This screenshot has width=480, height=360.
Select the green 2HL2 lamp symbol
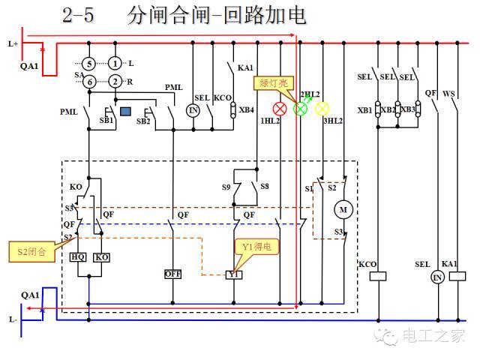coord(301,109)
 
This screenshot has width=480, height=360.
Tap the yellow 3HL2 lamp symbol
coord(322,109)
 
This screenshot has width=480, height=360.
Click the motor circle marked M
coord(344,208)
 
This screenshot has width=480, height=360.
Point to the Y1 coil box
coord(234,275)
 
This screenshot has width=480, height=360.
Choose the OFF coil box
coord(173,274)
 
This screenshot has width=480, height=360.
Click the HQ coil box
coord(78,256)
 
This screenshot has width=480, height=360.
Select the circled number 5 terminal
coord(88,64)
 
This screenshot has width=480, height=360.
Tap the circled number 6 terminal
coord(88,81)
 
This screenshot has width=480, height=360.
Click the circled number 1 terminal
coord(115,64)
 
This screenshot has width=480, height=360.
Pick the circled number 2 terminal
coord(115,81)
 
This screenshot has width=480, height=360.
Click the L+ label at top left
coord(13,44)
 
